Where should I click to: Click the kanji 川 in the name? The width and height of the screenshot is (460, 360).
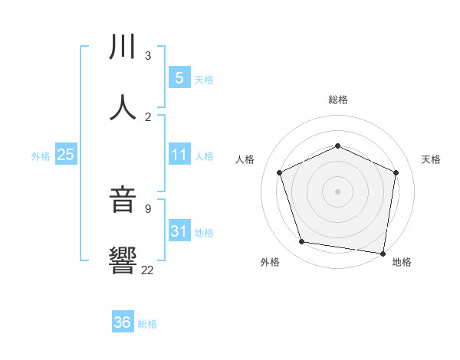(x=123, y=47)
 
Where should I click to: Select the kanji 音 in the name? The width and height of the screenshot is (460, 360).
(x=123, y=201)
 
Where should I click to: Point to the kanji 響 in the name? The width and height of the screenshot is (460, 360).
(x=123, y=260)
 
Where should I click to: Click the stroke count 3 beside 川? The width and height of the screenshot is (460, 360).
(x=148, y=56)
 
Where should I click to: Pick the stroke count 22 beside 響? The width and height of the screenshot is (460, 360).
(x=148, y=270)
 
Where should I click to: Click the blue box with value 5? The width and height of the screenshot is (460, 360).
(x=179, y=78)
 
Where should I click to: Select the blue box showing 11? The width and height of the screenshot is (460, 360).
(x=179, y=155)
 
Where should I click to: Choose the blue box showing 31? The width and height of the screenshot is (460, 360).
(x=179, y=231)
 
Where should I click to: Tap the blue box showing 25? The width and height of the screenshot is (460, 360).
(x=66, y=155)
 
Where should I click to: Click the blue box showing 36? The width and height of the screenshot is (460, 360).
(x=123, y=322)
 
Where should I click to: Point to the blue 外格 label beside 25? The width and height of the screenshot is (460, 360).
(x=41, y=155)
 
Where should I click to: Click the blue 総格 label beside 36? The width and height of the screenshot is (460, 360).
(x=147, y=324)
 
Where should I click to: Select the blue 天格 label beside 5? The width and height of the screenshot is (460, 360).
(x=204, y=80)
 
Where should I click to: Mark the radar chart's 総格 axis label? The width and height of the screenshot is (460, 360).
(x=337, y=100)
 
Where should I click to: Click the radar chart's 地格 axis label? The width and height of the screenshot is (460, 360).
(x=402, y=263)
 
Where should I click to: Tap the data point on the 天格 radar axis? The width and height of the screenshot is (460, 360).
(x=396, y=172)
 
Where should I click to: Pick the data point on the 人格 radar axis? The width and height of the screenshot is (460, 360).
(x=280, y=172)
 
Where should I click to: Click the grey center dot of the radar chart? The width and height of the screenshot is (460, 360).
(x=337, y=191)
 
